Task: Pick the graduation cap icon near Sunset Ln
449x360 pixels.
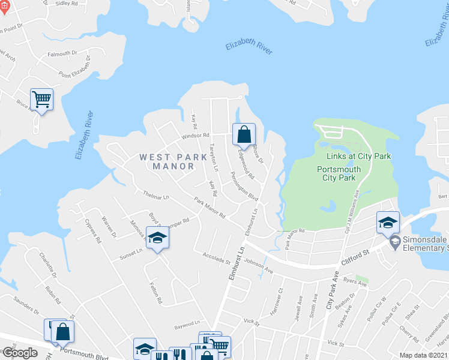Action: (x=157, y=238)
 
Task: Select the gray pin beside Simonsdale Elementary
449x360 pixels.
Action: (x=394, y=243)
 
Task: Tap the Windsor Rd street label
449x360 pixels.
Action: (x=196, y=136)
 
